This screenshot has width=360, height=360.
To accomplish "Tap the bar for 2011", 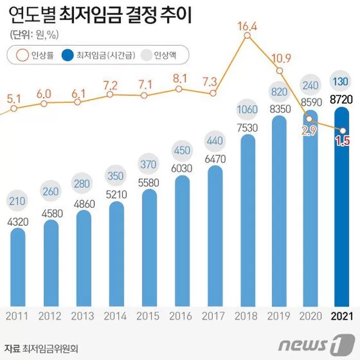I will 17,267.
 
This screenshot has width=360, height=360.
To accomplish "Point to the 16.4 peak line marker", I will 247,35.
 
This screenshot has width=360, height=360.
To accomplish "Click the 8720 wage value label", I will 343,100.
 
